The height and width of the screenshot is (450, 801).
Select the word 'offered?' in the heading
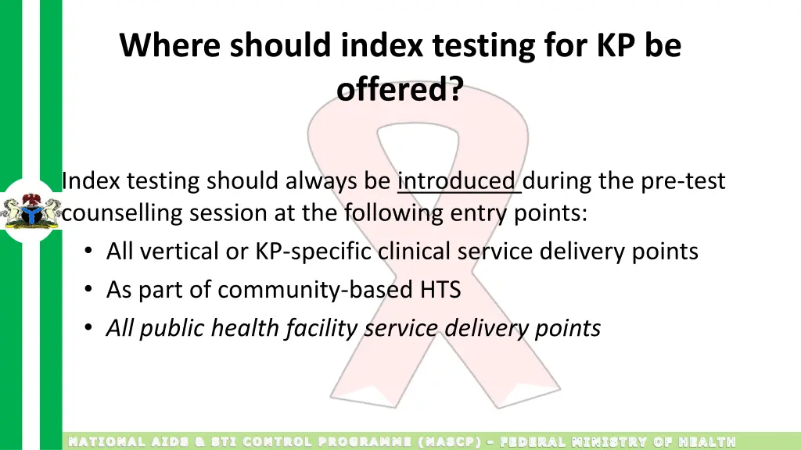(x=400, y=90)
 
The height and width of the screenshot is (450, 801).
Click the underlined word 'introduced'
(x=458, y=181)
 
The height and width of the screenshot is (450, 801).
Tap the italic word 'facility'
(x=321, y=328)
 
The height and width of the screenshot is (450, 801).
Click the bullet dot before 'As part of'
(x=90, y=291)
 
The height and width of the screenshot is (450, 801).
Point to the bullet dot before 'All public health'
(x=90, y=329)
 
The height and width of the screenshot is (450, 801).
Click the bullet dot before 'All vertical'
(x=90, y=252)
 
